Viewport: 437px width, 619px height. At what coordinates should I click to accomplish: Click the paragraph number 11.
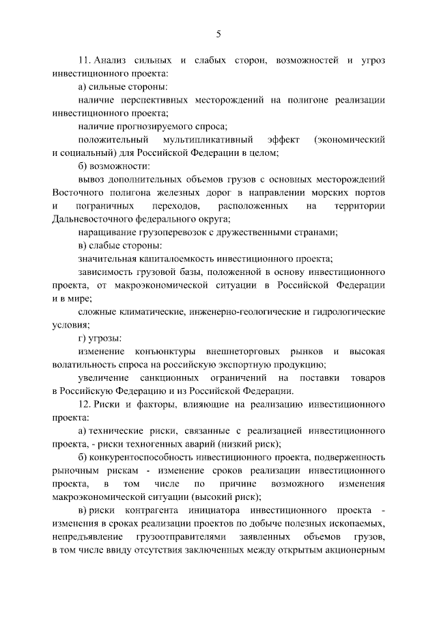(x=84, y=61)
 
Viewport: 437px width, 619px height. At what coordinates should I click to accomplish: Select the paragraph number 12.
(x=84, y=404)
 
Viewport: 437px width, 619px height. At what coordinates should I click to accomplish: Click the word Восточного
(x=75, y=192)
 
